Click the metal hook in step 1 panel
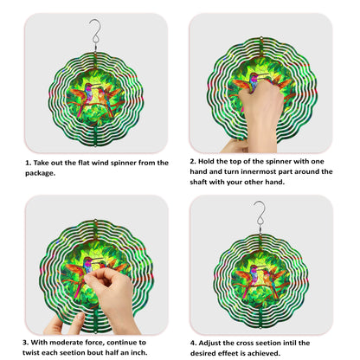pos(95,32)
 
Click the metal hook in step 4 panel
pos(260,215)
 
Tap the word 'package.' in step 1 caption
pos(40,173)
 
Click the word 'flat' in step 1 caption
pos(84,163)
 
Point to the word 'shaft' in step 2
pos(198,182)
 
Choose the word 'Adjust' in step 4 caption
pos(209,343)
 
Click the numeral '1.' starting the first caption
pos(29,163)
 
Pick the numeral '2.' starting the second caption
pos(193,161)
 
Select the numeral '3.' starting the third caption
pos(26,343)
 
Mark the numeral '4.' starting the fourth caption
pos(193,343)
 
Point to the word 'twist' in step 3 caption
pos(31,352)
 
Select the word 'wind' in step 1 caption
pos(100,163)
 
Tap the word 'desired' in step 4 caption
pos(202,353)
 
